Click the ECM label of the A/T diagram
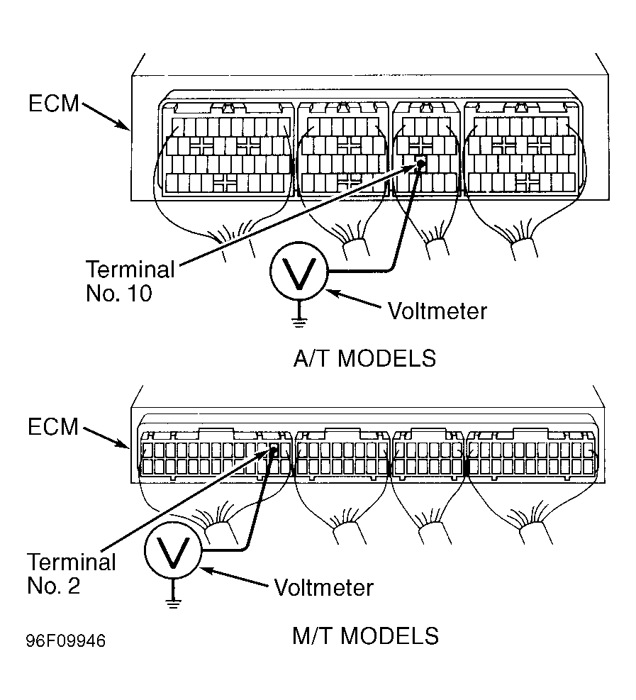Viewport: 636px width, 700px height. pyautogui.click(x=54, y=103)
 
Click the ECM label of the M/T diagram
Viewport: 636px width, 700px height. pyautogui.click(x=54, y=427)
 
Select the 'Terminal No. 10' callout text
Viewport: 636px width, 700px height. pyautogui.click(x=130, y=281)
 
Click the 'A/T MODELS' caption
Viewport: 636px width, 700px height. pyautogui.click(x=364, y=358)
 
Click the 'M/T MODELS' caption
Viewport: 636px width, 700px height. pyautogui.click(x=365, y=635)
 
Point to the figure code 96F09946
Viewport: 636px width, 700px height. pyautogui.click(x=66, y=641)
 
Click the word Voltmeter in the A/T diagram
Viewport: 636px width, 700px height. pyautogui.click(x=437, y=311)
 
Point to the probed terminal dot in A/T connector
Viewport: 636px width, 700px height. pyautogui.click(x=420, y=164)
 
